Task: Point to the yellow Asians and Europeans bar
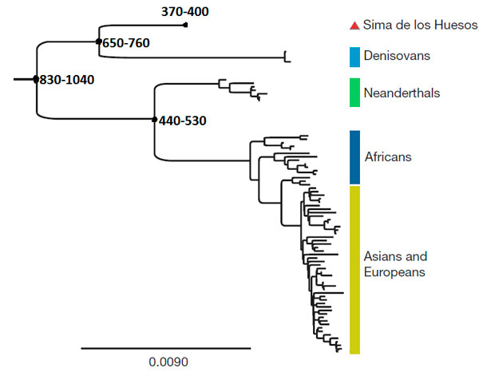(355, 269)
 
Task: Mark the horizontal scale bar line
(165, 348)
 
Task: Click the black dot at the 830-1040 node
(36, 79)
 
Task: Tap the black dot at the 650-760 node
(98, 41)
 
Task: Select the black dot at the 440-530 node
(154, 120)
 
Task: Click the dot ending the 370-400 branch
(185, 26)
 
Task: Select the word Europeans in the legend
(393, 272)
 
